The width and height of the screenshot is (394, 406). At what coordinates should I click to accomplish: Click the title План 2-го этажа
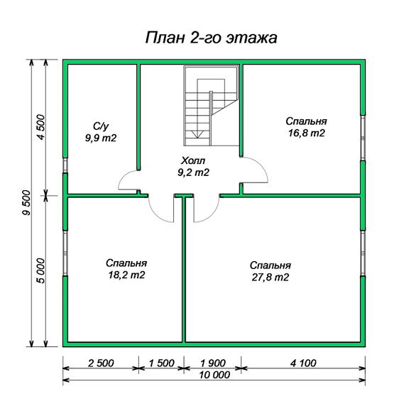tap(211, 38)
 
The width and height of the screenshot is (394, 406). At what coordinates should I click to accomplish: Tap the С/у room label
tap(101, 126)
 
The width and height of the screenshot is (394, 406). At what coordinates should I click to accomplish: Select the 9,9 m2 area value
tap(101, 138)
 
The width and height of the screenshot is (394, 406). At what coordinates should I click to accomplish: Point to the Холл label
tap(193, 160)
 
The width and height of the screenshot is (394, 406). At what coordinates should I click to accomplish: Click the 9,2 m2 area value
tap(193, 172)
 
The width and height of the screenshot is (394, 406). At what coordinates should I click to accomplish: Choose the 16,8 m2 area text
tap(307, 133)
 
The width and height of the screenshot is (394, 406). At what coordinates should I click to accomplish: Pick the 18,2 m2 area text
tap(126, 275)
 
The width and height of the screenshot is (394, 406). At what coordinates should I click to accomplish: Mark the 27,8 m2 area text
tap(270, 278)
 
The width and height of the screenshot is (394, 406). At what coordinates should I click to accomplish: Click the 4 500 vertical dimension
tap(41, 127)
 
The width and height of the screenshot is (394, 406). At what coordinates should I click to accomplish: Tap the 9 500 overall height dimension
tap(26, 203)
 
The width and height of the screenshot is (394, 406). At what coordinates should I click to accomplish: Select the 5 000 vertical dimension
tap(41, 270)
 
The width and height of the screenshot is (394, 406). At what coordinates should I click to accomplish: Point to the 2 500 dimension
tap(101, 363)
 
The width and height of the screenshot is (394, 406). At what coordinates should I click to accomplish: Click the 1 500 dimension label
tap(162, 363)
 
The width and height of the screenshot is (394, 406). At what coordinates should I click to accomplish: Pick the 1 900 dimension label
tap(213, 363)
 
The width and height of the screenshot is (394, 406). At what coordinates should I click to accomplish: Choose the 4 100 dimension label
tap(303, 363)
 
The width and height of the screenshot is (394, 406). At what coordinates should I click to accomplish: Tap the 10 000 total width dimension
tap(214, 375)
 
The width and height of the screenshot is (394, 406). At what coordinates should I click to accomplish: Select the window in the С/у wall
tap(65, 165)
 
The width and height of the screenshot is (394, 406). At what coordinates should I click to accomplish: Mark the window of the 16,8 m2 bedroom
tap(363, 138)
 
